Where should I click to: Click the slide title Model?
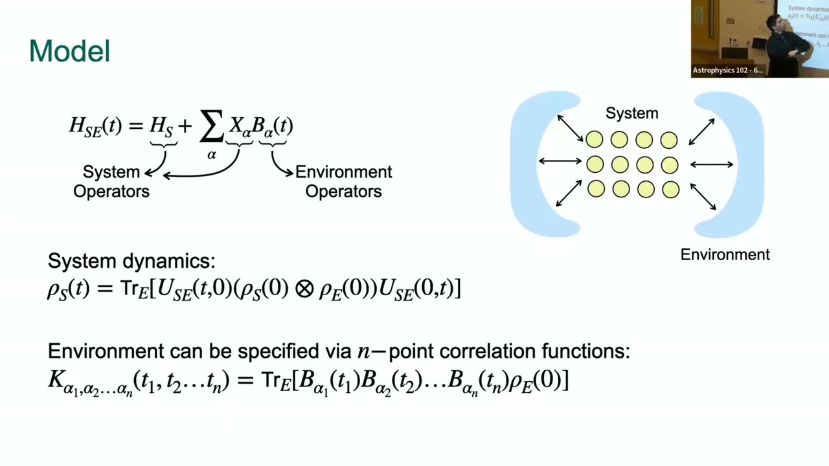click(x=69, y=51)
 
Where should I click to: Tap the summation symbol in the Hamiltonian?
click(x=212, y=126)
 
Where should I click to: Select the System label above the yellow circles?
click(x=631, y=113)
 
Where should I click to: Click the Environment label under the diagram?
click(x=725, y=255)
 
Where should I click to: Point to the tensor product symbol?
click(x=304, y=289)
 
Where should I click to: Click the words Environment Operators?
click(x=343, y=182)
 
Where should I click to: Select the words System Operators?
click(x=111, y=182)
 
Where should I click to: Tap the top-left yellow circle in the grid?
click(x=595, y=139)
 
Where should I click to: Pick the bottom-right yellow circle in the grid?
click(x=670, y=190)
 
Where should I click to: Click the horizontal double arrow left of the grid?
click(x=560, y=161)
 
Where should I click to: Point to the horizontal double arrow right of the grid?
click(x=712, y=164)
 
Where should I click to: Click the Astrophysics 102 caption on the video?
click(x=727, y=71)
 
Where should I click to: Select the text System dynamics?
click(x=131, y=261)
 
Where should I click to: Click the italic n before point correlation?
click(x=363, y=351)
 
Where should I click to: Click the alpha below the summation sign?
click(x=212, y=155)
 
